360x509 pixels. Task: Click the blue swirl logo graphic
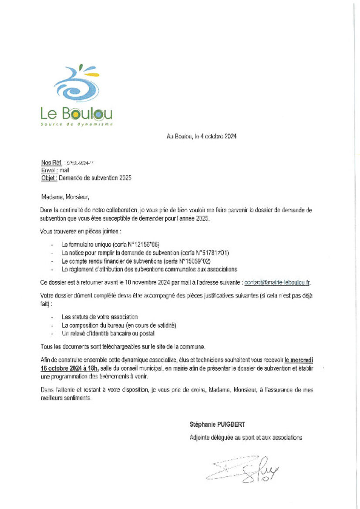(76, 84)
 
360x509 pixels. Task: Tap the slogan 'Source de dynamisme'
(77, 124)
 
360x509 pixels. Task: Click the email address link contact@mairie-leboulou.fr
(277, 282)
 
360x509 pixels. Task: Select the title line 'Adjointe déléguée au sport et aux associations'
(246, 438)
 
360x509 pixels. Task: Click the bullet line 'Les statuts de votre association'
(100, 317)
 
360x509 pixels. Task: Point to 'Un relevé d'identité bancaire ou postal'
(108, 333)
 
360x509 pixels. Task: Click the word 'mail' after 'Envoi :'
(64, 171)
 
